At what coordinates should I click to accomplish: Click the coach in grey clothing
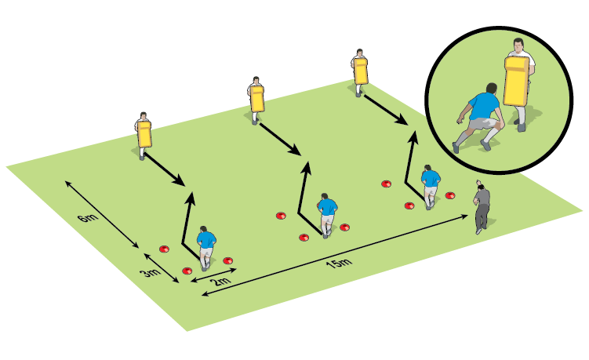tap(482, 209)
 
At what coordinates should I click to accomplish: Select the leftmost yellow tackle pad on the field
tap(144, 134)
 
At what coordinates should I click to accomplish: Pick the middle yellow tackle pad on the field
tap(257, 99)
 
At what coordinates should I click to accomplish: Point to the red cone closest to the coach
tap(450, 195)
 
